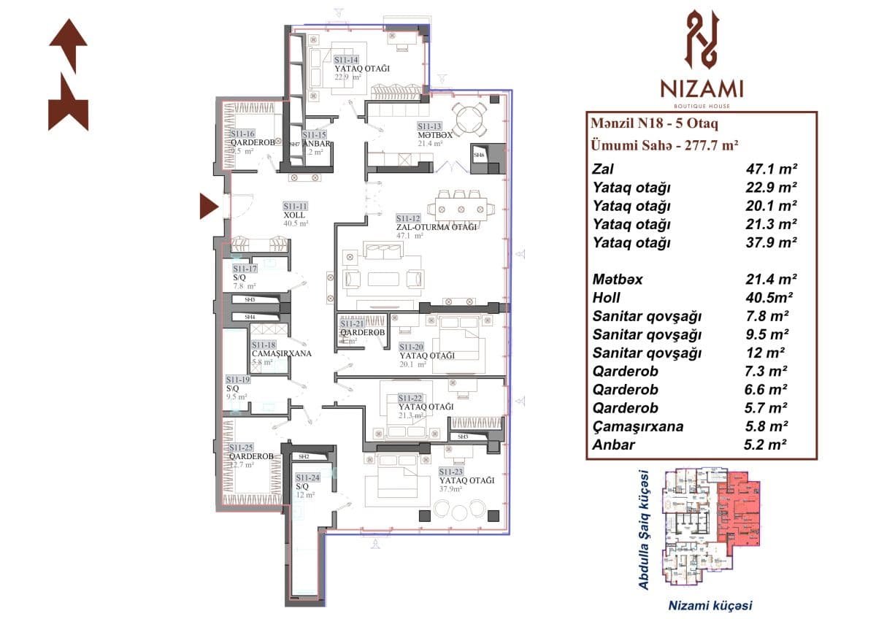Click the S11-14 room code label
346,60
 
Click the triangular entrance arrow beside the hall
209,207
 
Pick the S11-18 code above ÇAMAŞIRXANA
263,345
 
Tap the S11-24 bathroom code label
306,477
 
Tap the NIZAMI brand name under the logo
702,89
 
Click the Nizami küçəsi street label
710,605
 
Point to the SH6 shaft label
479,155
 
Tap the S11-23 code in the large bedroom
451,472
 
